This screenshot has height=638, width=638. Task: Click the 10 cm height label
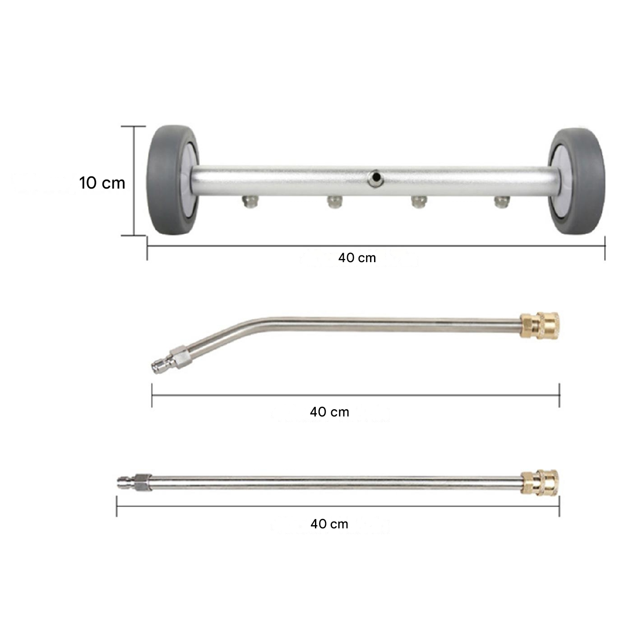point(102,183)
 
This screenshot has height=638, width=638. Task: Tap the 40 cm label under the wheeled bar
point(357,258)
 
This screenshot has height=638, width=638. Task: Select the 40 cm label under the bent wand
point(329,412)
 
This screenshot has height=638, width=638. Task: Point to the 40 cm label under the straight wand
point(329,524)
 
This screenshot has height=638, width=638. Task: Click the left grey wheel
point(172,181)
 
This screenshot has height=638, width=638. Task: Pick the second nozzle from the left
point(335,202)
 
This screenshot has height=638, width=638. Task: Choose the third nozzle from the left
point(418,202)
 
